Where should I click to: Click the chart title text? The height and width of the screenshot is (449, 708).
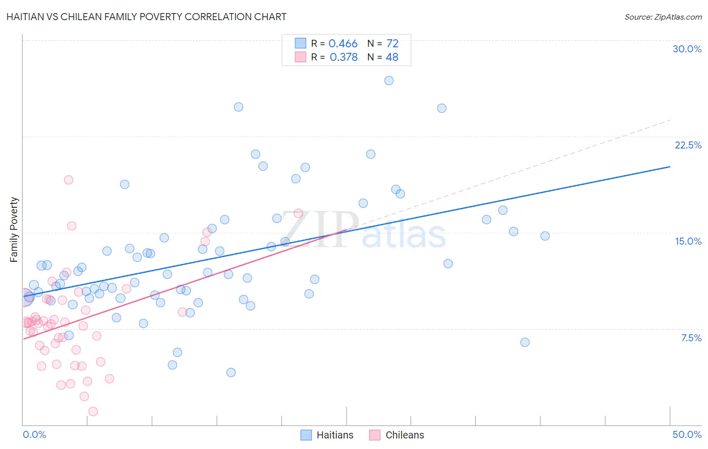coord(147,17)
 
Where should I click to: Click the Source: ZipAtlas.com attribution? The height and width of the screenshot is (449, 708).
coord(663,17)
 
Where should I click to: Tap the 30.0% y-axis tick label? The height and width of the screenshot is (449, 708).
coord(687,49)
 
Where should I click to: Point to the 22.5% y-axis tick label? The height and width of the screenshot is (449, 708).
coord(688,145)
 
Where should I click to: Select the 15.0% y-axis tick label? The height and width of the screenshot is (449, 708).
coord(688,241)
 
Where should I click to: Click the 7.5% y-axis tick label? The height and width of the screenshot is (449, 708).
coord(691,338)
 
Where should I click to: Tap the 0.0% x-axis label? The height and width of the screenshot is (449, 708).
coord(34,434)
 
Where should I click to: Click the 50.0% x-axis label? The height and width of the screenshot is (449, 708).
coord(686,434)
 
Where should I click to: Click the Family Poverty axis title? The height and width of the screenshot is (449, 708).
coord(14,230)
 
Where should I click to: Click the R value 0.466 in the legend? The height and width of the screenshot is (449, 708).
coord(343,44)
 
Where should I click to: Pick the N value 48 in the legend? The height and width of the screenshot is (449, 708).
coord(392,57)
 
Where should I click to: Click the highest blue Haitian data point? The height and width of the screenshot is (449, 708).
coord(389,81)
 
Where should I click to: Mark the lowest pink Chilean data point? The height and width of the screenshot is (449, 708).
coord(93,411)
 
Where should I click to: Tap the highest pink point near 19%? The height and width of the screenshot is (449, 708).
coord(68,180)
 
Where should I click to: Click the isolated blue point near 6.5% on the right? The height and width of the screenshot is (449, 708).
coord(525,342)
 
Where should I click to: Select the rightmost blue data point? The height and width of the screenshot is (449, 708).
coord(545,236)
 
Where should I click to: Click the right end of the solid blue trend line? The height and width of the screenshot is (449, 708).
coord(670,166)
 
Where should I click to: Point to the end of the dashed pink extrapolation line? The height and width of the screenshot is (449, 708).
coord(670,120)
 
